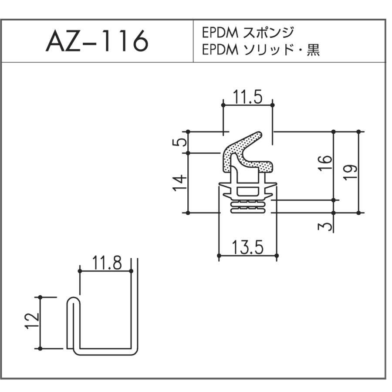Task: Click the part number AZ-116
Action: (97, 41)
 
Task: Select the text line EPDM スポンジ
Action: (248, 33)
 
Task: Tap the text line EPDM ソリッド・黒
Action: (261, 50)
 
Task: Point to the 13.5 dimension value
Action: (248, 247)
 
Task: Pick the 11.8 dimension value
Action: (107, 263)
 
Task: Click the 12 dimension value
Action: (32, 321)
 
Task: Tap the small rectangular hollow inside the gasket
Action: (247, 191)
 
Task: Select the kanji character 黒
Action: (313, 50)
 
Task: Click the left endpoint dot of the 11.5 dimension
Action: (223, 105)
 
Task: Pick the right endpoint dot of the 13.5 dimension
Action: (277, 256)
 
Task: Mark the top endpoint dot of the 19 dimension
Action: (359, 132)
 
